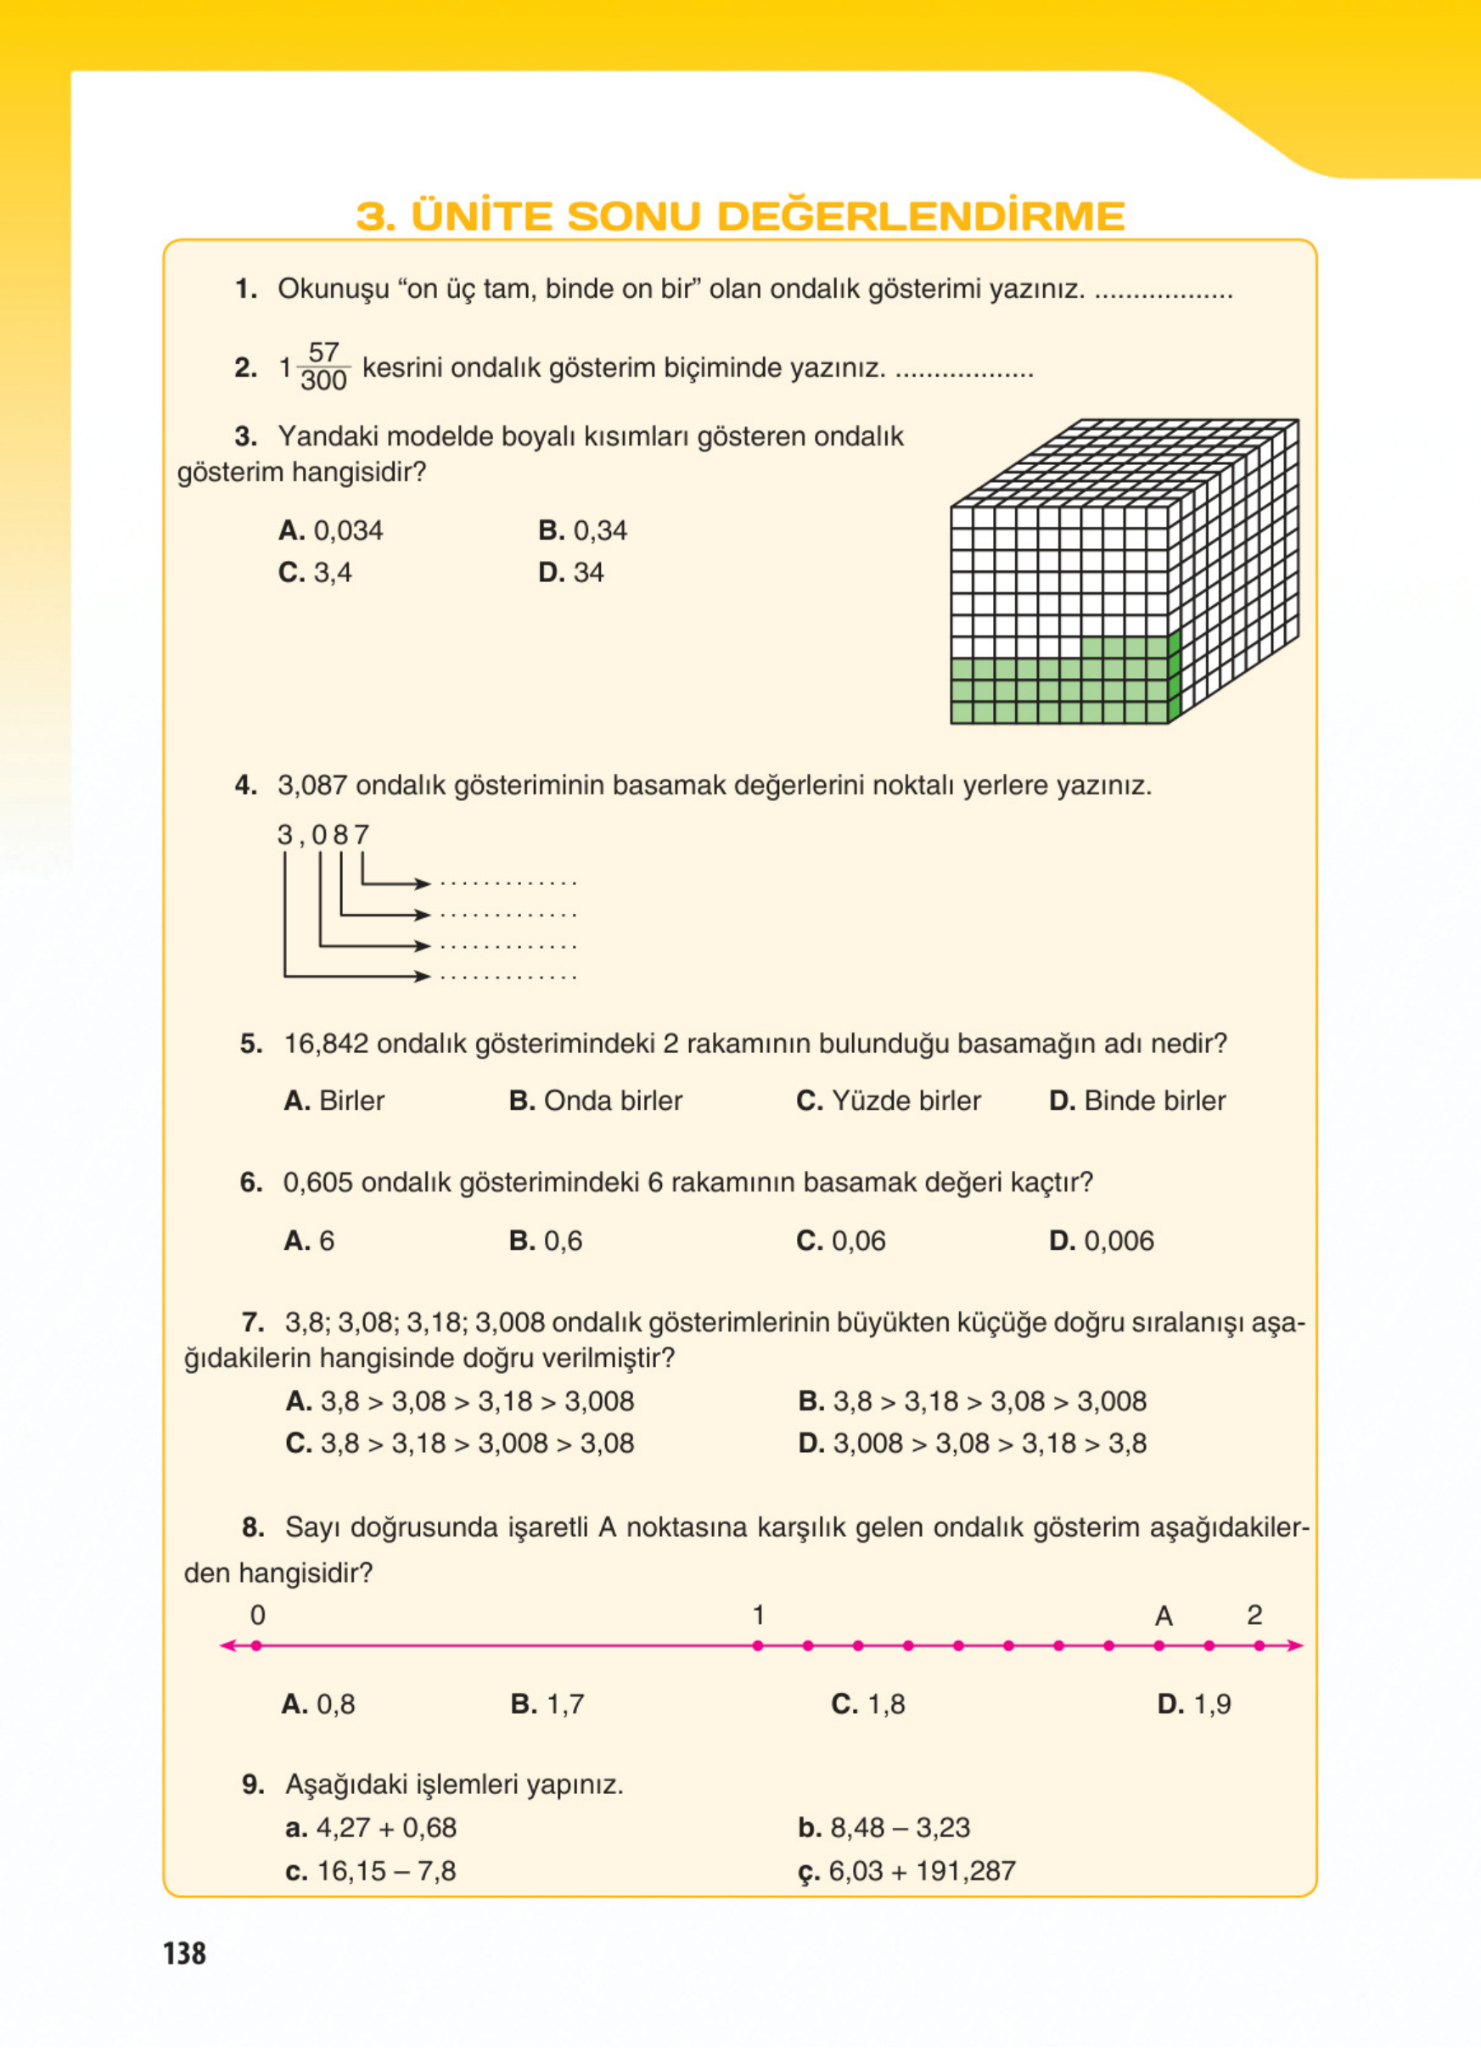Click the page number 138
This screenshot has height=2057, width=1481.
[185, 1953]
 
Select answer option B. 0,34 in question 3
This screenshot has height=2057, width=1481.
[582, 530]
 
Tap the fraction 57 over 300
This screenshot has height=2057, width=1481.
[323, 367]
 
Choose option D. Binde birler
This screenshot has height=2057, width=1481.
[1137, 1101]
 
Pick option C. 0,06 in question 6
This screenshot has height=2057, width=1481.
[841, 1241]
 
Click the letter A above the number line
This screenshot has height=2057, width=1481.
[1164, 1616]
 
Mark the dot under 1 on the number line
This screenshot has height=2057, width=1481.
[758, 1645]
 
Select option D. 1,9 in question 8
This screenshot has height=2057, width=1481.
[1194, 1704]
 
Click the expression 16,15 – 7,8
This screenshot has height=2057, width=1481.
[371, 1871]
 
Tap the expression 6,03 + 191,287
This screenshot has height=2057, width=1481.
[907, 1871]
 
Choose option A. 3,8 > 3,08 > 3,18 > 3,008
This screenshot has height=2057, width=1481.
[460, 1401]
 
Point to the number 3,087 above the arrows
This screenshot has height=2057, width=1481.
[323, 834]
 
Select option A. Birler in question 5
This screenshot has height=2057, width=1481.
[334, 1101]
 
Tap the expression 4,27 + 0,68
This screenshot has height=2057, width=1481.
[371, 1828]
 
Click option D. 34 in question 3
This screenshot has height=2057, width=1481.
[570, 572]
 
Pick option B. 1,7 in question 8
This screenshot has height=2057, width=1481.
[547, 1704]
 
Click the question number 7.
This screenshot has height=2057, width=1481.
[252, 1322]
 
